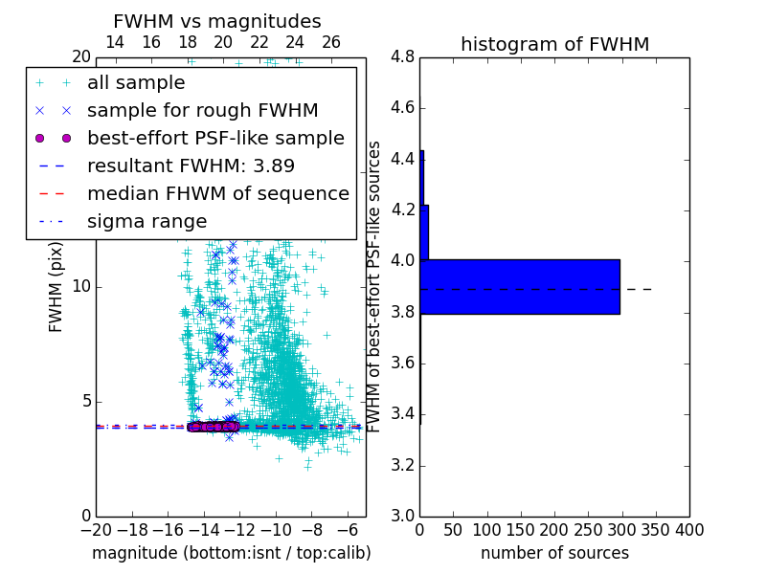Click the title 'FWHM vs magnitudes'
217,21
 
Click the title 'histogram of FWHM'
554,44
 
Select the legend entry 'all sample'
136,82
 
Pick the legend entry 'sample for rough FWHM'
202,110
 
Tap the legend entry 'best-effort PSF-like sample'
215,138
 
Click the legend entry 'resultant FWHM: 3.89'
196,166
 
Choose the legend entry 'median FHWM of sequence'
217,193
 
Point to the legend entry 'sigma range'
146,221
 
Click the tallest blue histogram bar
520,286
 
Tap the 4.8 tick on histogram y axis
402,57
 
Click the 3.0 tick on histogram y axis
402,516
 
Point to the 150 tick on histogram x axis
521,530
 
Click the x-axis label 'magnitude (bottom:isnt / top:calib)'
231,553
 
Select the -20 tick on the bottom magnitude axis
96,530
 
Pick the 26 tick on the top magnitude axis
330,42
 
